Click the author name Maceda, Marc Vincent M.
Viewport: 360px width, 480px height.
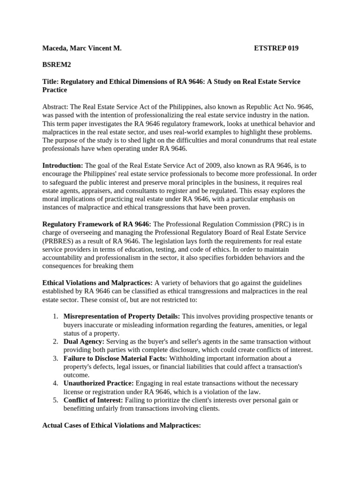[82, 48]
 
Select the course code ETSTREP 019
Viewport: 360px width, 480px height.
[276, 48]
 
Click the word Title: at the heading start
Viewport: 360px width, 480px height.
[51, 82]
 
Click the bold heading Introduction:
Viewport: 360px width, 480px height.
[63, 165]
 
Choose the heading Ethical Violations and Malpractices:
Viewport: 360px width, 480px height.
[97, 283]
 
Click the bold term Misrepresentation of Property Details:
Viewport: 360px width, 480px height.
[122, 316]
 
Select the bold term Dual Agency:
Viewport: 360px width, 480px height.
[84, 342]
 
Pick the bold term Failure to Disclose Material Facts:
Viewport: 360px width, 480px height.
[122, 358]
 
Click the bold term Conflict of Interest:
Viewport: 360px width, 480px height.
[93, 400]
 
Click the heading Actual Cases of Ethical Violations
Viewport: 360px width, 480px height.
[121, 425]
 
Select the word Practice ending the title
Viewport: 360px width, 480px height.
[55, 90]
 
